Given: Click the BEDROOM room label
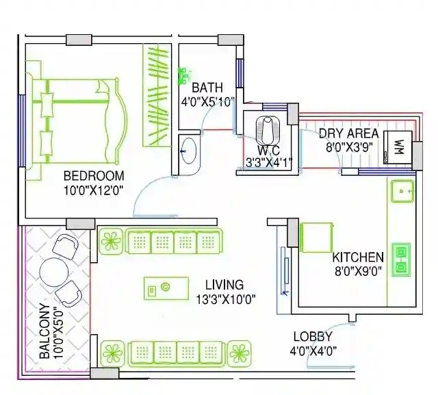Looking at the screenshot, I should pos(94,176).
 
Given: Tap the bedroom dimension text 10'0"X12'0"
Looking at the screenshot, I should pos(94,191).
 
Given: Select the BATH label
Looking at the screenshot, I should pos(207,88).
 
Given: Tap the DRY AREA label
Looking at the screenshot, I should pos(349,132).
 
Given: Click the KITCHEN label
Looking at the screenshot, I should pos(357,257).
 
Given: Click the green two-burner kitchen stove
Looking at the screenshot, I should pos(401,259).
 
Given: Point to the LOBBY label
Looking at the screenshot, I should pos(312,337).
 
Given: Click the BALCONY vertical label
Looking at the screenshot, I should pos(42,332).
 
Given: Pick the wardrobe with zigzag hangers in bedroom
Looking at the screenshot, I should pos(157,95).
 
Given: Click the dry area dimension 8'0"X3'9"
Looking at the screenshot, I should pos(349,146).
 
